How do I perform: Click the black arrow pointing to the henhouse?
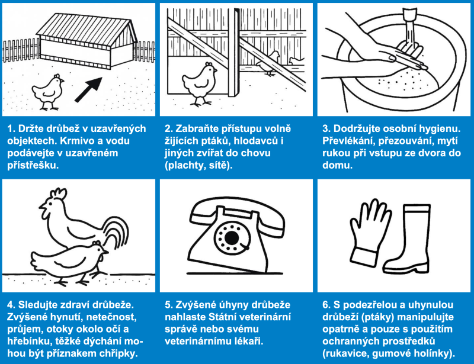(x=88, y=90)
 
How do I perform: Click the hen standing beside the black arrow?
(x=48, y=92)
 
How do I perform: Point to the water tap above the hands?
(x=410, y=14)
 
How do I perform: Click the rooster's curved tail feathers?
(x=117, y=233)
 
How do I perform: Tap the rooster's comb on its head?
(x=59, y=194)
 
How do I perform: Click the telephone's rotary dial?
(x=232, y=237)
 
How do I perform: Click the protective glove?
(x=367, y=234)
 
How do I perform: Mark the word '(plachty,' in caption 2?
(x=184, y=166)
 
